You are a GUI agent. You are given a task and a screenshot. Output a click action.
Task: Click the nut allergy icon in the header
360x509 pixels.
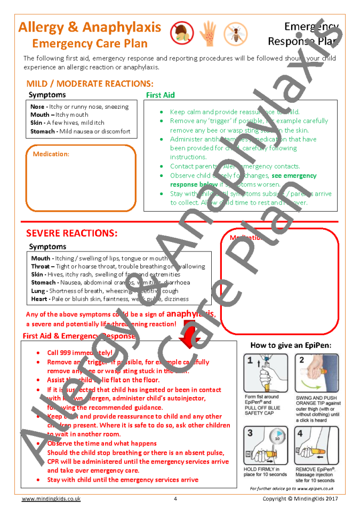181,33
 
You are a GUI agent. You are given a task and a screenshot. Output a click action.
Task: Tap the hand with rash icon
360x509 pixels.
207,33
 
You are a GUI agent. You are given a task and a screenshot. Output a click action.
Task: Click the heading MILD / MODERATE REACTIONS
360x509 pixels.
90,84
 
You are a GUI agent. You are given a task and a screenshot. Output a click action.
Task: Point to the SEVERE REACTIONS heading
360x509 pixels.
71,233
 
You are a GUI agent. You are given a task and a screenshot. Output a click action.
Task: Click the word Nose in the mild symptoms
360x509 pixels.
37,107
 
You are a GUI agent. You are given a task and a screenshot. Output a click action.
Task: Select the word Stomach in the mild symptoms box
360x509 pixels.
42,131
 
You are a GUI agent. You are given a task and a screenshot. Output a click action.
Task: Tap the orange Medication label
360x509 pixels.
51,154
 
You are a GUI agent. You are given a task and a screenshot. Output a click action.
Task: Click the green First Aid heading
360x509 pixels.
160,95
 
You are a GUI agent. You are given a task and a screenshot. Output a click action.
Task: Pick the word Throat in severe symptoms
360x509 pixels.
40,266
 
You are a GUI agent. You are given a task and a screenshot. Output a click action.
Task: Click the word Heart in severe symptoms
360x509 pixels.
39,299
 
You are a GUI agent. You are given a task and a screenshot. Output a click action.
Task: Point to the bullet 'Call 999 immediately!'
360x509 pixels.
79,353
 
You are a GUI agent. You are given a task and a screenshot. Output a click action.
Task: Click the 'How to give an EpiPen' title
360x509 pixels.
291,345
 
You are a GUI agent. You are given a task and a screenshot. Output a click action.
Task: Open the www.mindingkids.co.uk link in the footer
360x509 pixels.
51,499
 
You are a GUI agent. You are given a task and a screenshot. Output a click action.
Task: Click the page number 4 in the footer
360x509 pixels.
175,499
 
